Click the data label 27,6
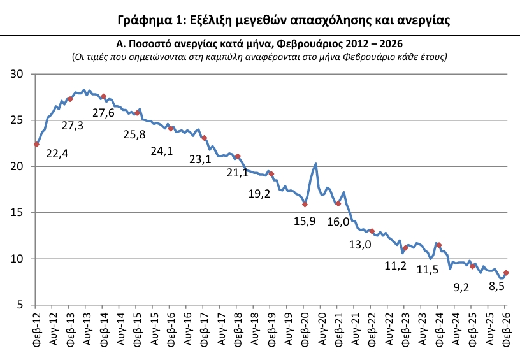[x=103, y=113]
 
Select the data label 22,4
[x=57, y=154]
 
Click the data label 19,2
[x=259, y=193]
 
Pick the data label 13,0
[x=359, y=245]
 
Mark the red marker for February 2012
[x=36, y=145]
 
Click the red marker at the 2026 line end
[x=506, y=273]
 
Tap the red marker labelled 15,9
[x=305, y=205]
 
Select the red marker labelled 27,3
[x=70, y=99]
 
